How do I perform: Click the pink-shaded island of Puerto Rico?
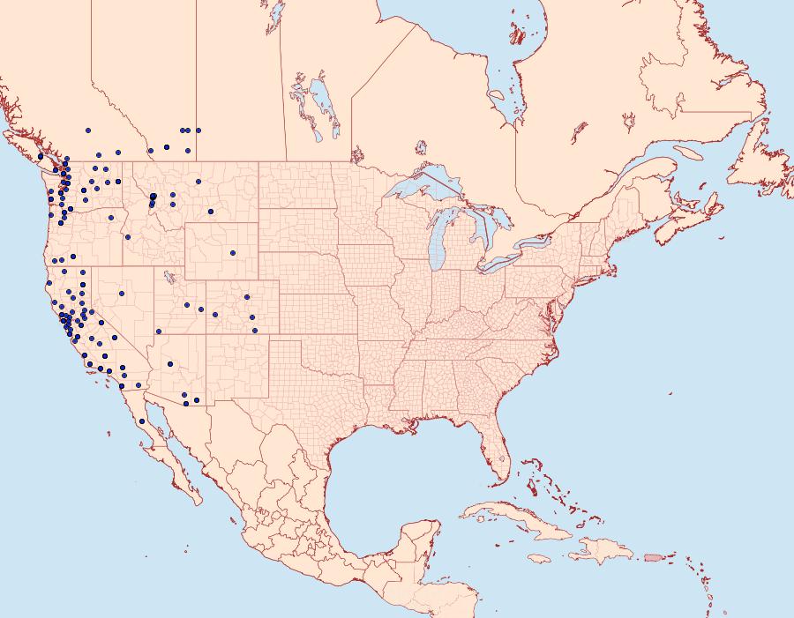653,556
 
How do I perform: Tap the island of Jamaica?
540,559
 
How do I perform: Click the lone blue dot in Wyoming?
233,253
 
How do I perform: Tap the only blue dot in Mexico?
142,421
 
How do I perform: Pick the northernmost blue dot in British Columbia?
88,130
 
